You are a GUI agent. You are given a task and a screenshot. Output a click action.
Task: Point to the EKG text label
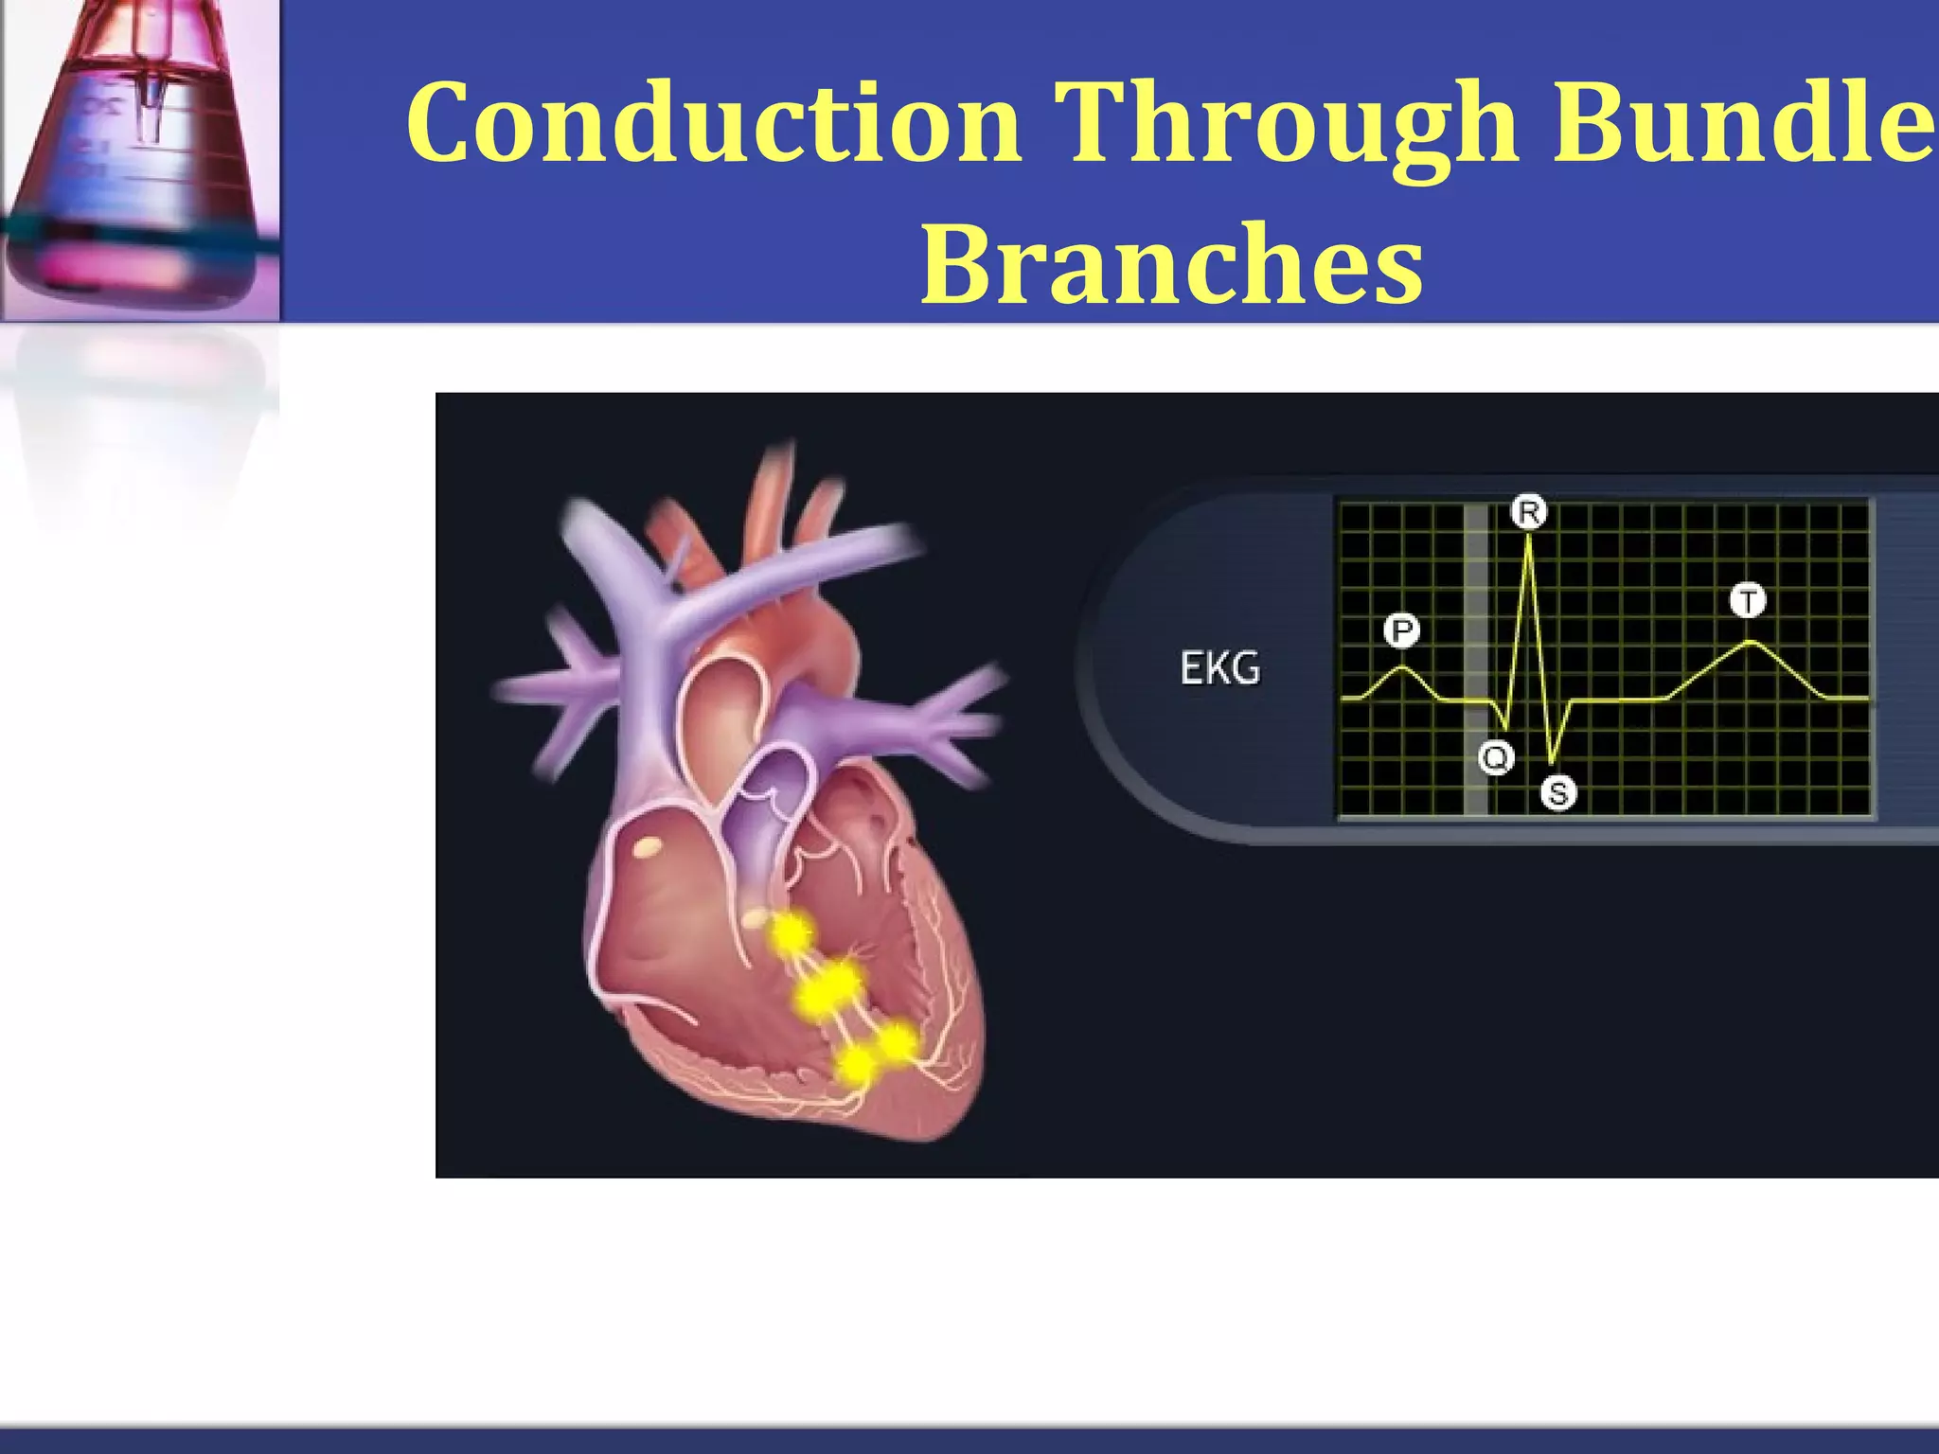(1219, 668)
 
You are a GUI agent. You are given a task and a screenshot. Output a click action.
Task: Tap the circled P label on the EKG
(1402, 629)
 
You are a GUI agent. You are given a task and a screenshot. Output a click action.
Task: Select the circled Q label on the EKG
(1496, 757)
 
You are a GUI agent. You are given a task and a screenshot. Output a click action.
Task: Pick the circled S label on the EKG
(1558, 792)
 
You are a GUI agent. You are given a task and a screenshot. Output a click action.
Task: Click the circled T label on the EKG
(1748, 600)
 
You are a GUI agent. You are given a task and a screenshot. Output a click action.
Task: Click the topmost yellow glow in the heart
(791, 934)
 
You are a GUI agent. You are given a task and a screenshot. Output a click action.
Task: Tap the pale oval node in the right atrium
(649, 845)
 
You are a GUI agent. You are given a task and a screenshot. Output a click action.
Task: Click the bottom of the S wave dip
(1552, 762)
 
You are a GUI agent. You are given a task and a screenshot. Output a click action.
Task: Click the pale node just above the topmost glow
(757, 917)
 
